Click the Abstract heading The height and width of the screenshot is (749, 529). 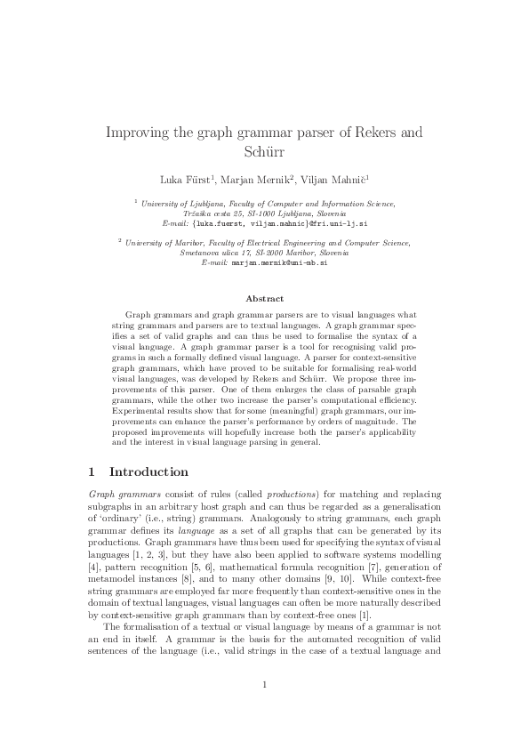point(264,299)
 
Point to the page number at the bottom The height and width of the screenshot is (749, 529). point(264,709)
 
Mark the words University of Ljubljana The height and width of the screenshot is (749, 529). point(173,204)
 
